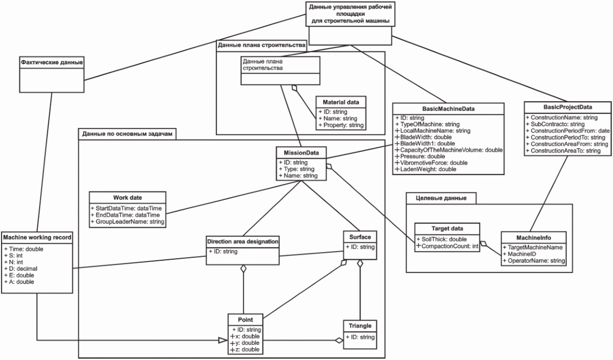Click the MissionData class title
301,153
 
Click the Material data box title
341,102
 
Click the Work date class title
127,197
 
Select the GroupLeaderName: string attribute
128,221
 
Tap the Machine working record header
37,236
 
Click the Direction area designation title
242,241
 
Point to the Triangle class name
360,326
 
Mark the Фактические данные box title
52,61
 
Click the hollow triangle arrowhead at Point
222,340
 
